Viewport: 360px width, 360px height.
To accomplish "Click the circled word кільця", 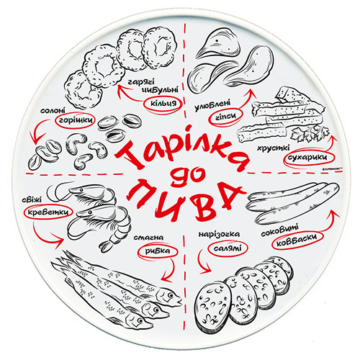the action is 163,104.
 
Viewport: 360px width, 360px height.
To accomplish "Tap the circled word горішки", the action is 76,120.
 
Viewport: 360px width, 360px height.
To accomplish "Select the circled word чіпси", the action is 225,116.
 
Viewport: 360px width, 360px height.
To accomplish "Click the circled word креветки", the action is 48,212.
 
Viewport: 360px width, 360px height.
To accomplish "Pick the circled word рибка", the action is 158,251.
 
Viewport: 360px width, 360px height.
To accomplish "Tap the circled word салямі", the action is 228,248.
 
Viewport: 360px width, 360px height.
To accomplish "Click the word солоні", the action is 53,111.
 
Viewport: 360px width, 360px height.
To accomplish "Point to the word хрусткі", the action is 274,148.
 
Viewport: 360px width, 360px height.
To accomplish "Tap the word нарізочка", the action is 219,234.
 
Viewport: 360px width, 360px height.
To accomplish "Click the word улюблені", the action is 212,106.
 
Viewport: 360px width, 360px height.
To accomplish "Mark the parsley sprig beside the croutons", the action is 310,132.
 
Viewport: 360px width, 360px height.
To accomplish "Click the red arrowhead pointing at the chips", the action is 251,93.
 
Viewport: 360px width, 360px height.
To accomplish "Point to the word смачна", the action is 148,238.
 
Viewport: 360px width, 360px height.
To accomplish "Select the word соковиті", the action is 280,230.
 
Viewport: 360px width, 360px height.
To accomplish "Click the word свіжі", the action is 31,200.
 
